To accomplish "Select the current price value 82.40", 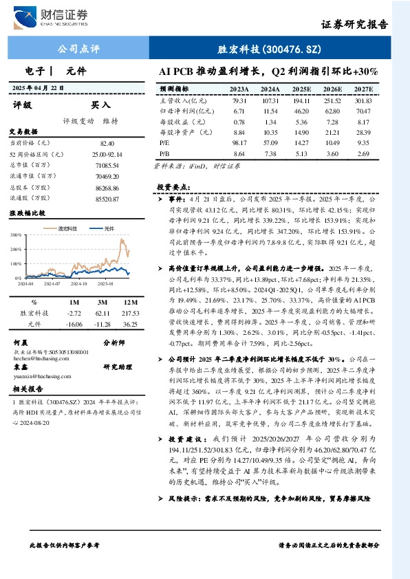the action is pyautogui.click(x=107, y=142).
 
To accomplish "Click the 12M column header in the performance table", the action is pyautogui.click(x=129, y=301).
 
